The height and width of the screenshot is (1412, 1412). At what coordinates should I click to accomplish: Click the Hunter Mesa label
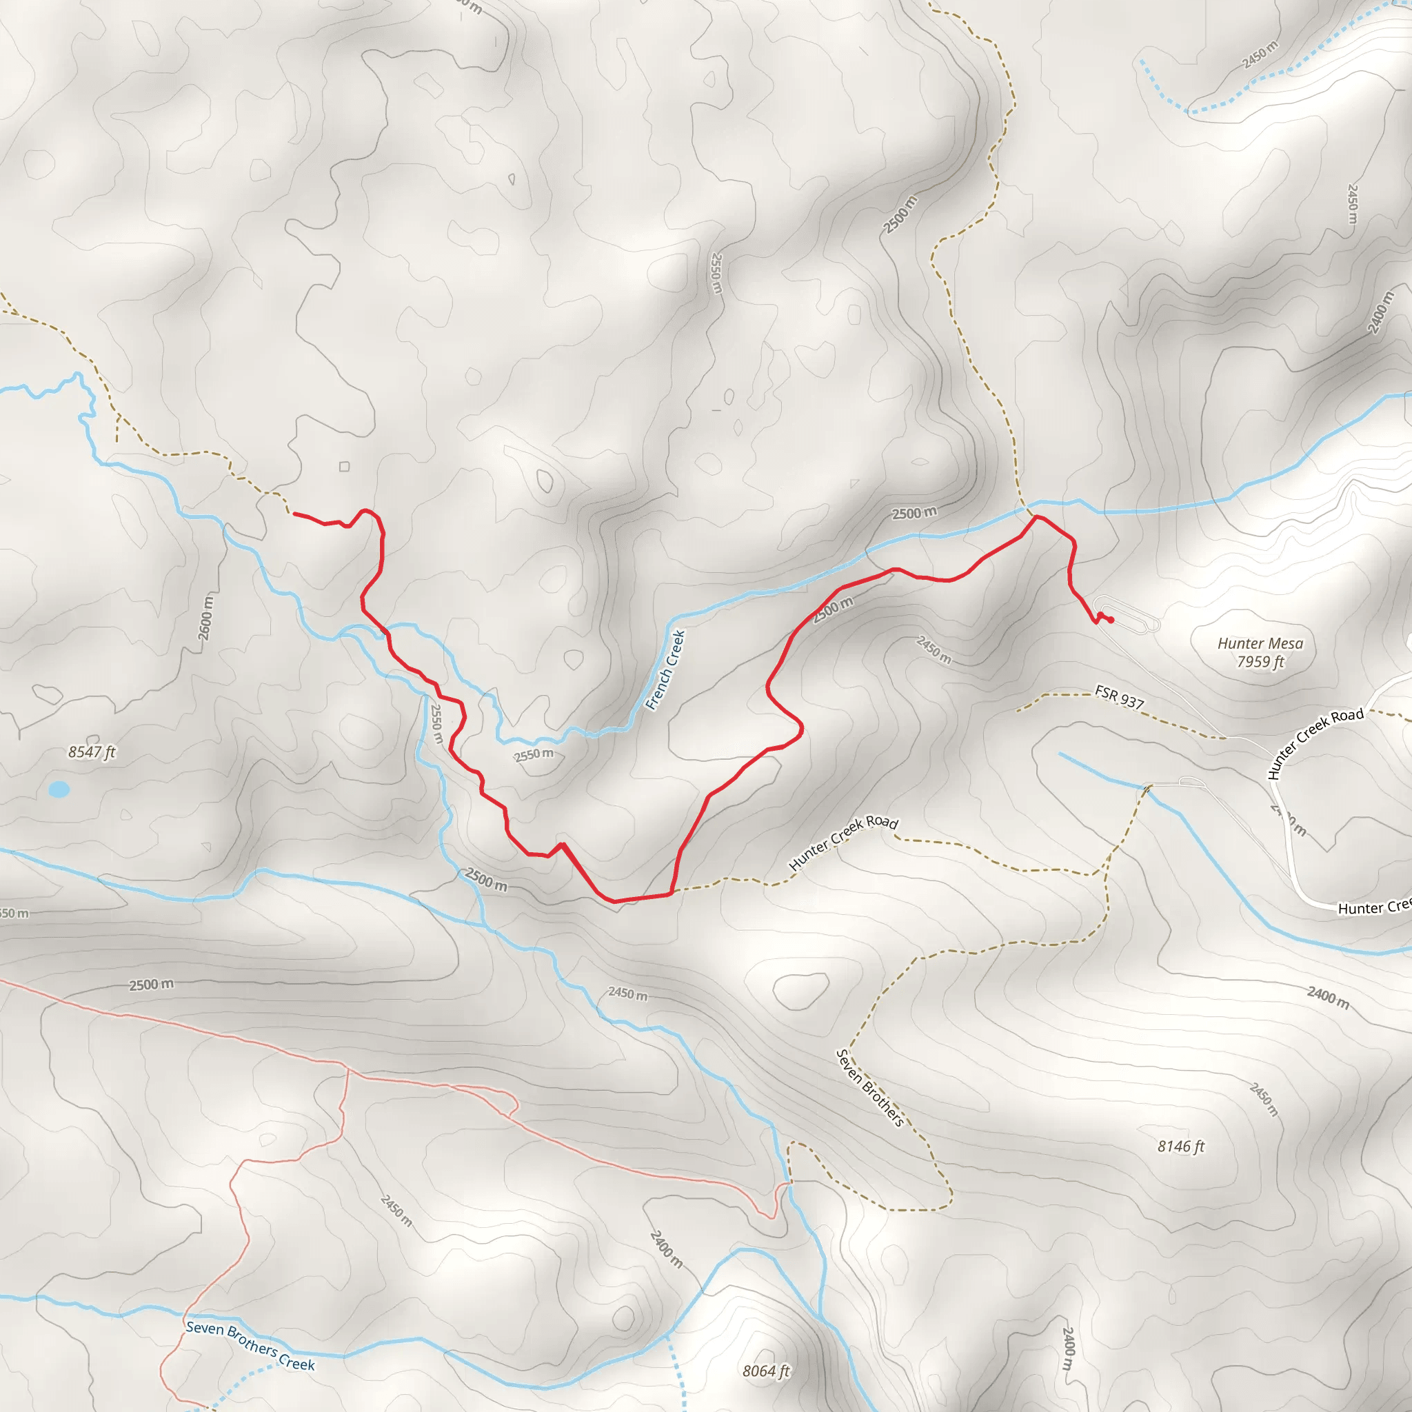tap(1260, 643)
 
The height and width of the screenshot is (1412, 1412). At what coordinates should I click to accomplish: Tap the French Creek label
tap(666, 669)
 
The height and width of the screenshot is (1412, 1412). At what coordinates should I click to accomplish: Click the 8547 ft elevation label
tap(92, 752)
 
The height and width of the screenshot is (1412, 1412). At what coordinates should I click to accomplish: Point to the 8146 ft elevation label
tap(1180, 1146)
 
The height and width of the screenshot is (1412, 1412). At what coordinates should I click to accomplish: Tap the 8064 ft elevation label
tap(766, 1371)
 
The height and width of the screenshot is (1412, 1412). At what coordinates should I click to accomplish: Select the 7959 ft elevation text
tap(1260, 662)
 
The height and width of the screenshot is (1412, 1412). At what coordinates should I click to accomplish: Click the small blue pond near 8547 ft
tap(59, 789)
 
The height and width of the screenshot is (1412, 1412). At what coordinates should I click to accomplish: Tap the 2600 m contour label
tap(206, 618)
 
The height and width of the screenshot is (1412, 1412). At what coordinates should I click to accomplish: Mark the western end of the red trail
tap(294, 514)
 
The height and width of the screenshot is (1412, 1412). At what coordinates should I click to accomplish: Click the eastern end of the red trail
tap(1111, 621)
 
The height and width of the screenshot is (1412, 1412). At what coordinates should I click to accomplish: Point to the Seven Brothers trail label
tap(869, 1087)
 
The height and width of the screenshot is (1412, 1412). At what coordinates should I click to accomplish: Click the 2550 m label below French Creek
tap(534, 754)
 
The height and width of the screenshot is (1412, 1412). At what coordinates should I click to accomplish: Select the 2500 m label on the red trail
tap(833, 609)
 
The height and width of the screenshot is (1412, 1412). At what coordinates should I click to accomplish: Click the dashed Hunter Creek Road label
tap(843, 842)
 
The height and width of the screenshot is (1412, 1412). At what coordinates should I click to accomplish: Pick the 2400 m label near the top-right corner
tap(1380, 313)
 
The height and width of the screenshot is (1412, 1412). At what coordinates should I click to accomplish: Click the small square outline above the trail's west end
tap(344, 466)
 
